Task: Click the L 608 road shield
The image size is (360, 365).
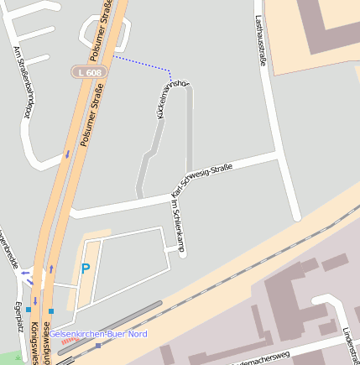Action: [88, 73]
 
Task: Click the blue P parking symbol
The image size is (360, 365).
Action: [85, 270]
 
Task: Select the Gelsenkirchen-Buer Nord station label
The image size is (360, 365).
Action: [98, 334]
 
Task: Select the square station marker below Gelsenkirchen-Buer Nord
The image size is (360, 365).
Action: [98, 345]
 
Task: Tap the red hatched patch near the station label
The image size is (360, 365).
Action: [67, 342]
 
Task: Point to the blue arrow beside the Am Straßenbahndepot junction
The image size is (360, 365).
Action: [66, 154]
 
